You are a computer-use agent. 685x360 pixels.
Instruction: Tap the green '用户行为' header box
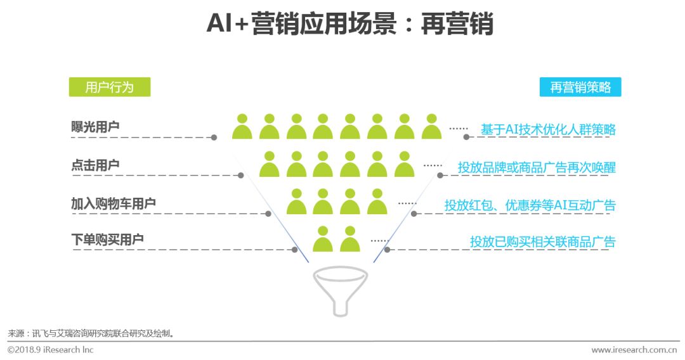(x=110, y=87)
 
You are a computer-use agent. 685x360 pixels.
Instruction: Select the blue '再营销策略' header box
(x=580, y=87)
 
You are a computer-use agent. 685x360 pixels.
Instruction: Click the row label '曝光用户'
(x=95, y=127)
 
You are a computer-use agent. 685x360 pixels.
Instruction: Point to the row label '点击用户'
(x=95, y=165)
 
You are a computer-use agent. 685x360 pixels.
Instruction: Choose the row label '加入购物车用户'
(x=114, y=203)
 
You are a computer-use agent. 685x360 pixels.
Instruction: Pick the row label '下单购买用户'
(x=107, y=240)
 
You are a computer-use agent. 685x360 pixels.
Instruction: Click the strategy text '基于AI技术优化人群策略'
(x=548, y=129)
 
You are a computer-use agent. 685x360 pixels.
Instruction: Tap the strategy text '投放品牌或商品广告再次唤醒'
(x=537, y=167)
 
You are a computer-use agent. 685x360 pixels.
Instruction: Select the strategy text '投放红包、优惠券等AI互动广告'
(x=530, y=205)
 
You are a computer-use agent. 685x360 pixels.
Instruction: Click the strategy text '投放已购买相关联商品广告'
(x=542, y=241)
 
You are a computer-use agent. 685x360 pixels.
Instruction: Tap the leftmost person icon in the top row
(x=242, y=127)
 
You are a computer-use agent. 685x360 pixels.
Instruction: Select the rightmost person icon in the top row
(x=431, y=127)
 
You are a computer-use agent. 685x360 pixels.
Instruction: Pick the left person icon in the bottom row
(x=323, y=240)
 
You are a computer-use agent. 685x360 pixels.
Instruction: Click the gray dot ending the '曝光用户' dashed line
(x=214, y=137)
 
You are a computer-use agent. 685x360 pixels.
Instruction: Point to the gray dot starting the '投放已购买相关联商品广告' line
(x=387, y=250)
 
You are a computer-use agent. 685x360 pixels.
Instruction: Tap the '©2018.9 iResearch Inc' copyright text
(x=51, y=349)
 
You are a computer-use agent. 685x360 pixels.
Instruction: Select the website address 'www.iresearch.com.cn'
(x=634, y=350)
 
